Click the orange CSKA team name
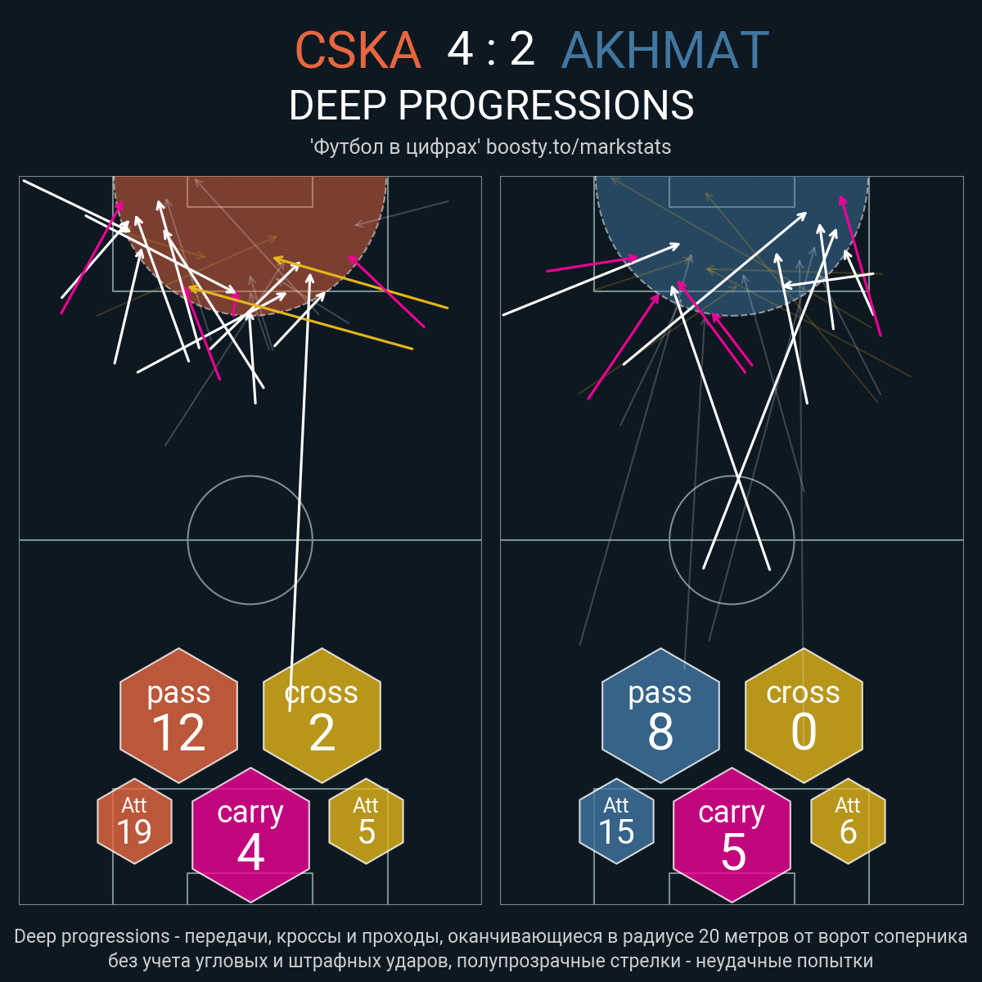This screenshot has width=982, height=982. tap(358, 50)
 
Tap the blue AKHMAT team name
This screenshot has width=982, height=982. tap(664, 50)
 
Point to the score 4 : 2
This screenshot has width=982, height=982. tap(491, 50)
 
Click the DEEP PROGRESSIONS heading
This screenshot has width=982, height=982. tap(491, 106)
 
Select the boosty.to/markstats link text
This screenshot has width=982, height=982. tap(579, 147)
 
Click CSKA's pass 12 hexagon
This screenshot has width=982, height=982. tap(179, 715)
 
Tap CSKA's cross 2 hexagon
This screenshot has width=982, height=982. tap(322, 715)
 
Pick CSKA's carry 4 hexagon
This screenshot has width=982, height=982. tap(250, 835)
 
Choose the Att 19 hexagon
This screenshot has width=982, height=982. tap(134, 821)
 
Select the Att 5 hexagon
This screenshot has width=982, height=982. tap(367, 821)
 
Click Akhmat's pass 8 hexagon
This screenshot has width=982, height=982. tap(660, 715)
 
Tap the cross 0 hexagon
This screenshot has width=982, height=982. tap(804, 715)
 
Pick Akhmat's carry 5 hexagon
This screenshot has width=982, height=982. tap(732, 835)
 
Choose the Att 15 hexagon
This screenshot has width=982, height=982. tap(616, 821)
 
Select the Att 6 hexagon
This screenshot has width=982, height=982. tap(848, 821)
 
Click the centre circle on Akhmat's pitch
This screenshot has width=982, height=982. tap(732, 476)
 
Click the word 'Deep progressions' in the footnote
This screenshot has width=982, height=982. tap(92, 937)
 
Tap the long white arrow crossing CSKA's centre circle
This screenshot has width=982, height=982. tap(300, 493)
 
